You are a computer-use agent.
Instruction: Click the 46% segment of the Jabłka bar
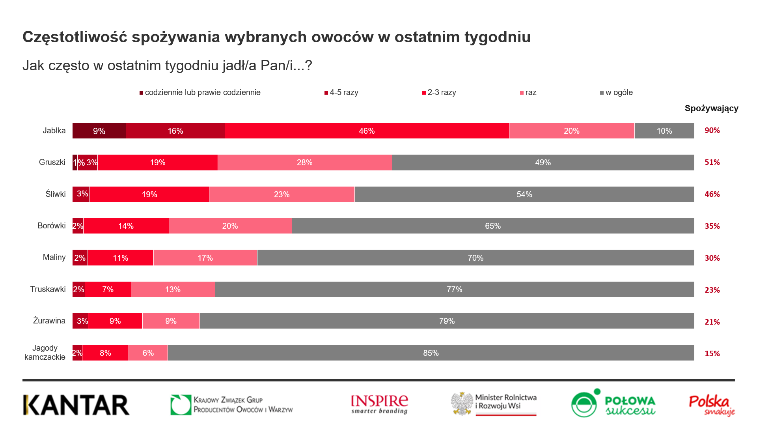pyautogui.click(x=367, y=131)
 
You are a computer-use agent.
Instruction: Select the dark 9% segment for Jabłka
pyautogui.click(x=99, y=131)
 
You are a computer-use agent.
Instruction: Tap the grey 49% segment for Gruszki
pyautogui.click(x=543, y=163)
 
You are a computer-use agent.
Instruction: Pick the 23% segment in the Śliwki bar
pyautogui.click(x=282, y=194)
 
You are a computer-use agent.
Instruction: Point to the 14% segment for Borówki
pyautogui.click(x=126, y=226)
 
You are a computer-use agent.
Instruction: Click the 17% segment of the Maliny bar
pyautogui.click(x=205, y=258)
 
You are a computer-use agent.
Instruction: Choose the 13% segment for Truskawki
pyautogui.click(x=173, y=290)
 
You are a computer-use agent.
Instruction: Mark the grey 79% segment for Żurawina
pyautogui.click(x=447, y=321)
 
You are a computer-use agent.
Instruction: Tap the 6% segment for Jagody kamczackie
pyautogui.click(x=148, y=353)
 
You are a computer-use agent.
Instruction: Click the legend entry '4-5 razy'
pyautogui.click(x=341, y=93)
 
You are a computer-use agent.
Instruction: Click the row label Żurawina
pyautogui.click(x=49, y=321)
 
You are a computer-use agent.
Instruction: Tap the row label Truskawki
pyautogui.click(x=48, y=289)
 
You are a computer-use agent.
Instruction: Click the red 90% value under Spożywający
pyautogui.click(x=712, y=131)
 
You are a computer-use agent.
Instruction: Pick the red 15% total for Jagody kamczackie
pyautogui.click(x=712, y=353)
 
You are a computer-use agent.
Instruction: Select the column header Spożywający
pyautogui.click(x=711, y=108)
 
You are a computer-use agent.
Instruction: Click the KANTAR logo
pyautogui.click(x=76, y=405)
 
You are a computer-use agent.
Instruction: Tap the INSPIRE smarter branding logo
pyautogui.click(x=379, y=405)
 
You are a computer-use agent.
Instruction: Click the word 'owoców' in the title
pyautogui.click(x=342, y=37)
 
